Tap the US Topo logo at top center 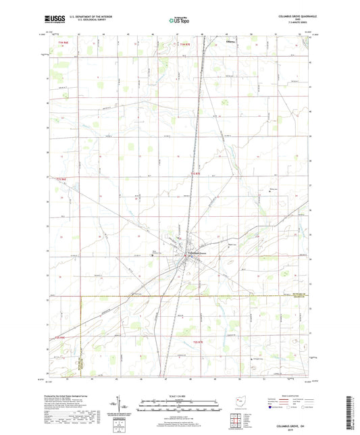tap(179, 20)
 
